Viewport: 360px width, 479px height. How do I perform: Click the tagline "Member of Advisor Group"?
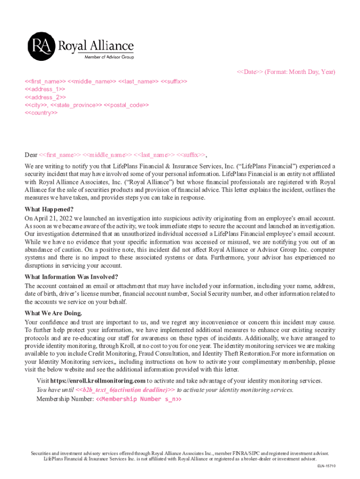tap(108, 57)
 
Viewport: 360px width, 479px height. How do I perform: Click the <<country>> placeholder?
tap(41, 113)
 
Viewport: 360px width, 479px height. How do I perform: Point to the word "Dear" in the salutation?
tap(31, 155)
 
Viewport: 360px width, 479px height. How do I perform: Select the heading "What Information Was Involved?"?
tap(71, 276)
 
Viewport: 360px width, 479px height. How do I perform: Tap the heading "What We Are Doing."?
tap(53, 313)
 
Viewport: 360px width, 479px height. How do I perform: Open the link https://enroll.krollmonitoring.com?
tap(98, 381)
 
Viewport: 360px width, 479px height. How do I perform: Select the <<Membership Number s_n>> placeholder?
tap(138, 399)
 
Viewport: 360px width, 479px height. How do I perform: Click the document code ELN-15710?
tap(326, 466)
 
